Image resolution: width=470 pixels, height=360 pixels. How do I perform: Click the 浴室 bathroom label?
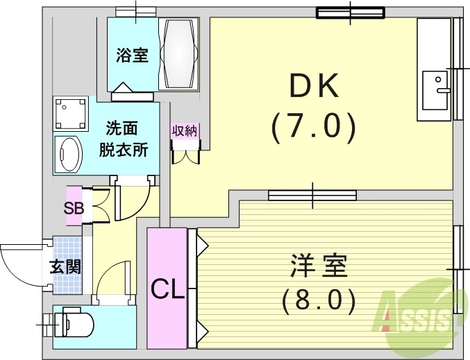tap(132, 55)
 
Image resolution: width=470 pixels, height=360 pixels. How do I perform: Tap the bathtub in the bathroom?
tap(179, 53)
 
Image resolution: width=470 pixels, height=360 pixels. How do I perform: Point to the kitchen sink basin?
tap(436, 89)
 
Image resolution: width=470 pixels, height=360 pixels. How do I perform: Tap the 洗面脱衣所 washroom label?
tap(126, 139)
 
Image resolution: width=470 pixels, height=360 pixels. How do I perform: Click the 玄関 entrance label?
tap(65, 266)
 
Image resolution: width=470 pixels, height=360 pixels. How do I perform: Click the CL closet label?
tap(167, 288)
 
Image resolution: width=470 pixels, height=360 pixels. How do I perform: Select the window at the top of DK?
tap(350, 12)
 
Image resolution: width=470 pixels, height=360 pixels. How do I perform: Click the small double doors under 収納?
tap(185, 155)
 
